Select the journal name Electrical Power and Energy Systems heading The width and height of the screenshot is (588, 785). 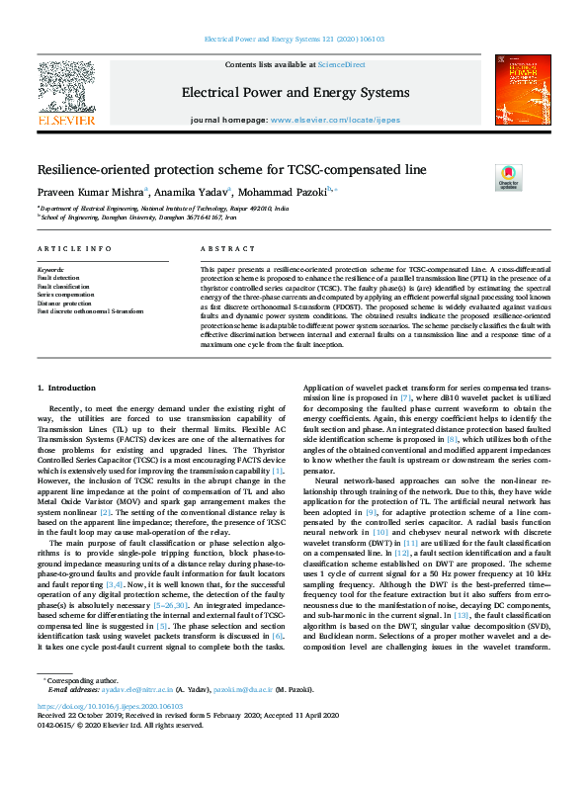click(x=294, y=93)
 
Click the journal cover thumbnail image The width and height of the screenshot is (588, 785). click(x=523, y=91)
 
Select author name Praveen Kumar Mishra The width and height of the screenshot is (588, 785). click(x=89, y=192)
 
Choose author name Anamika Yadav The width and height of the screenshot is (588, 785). click(x=192, y=192)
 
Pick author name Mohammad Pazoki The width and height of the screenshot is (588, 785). click(x=288, y=192)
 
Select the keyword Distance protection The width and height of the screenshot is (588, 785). click(x=64, y=303)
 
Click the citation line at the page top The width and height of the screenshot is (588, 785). click(x=294, y=40)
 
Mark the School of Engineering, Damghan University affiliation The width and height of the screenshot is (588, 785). click(x=138, y=218)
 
